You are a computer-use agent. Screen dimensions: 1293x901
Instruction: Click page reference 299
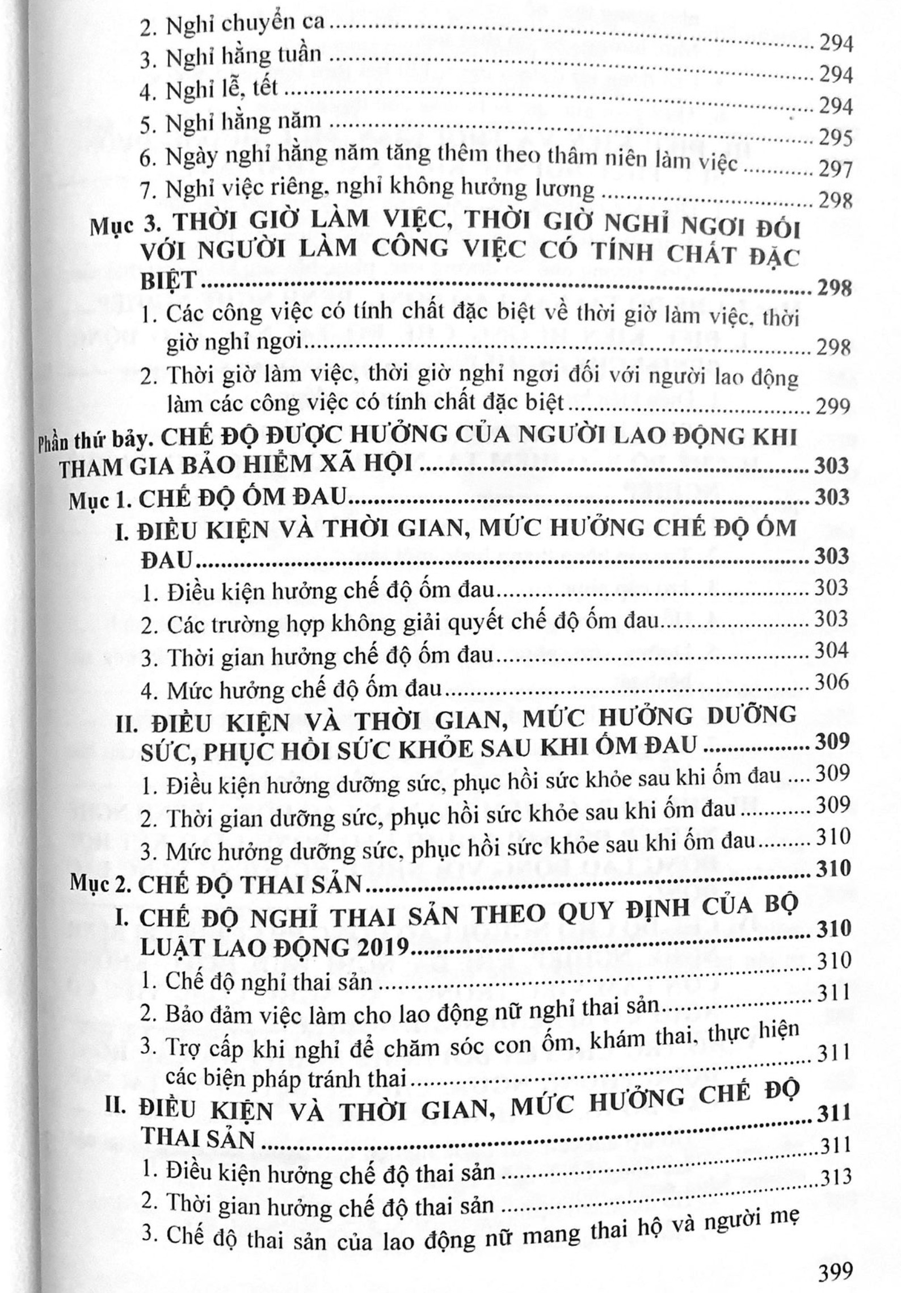click(832, 406)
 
